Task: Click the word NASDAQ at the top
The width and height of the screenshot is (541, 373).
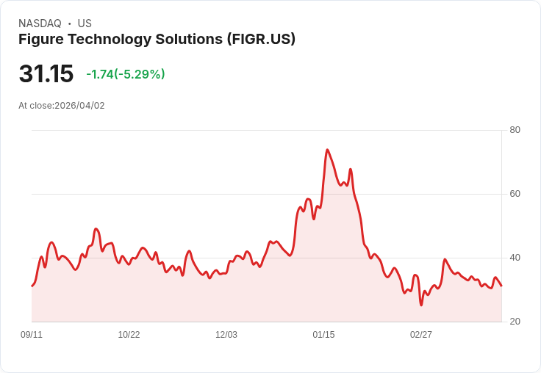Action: [40, 23]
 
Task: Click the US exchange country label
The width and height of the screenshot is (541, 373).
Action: [85, 23]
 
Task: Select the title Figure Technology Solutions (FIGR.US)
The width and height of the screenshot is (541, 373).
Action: [157, 39]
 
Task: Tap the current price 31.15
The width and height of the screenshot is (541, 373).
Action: [46, 73]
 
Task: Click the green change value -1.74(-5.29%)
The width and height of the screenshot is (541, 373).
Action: [125, 74]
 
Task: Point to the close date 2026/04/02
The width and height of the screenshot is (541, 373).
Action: [79, 106]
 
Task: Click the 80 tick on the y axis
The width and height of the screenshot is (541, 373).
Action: [515, 130]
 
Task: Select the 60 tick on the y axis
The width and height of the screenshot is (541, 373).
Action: [515, 194]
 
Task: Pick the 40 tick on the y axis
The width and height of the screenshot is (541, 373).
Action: [515, 258]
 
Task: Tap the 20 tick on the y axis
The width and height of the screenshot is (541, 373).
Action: [515, 322]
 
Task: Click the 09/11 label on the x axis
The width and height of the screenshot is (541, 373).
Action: [32, 335]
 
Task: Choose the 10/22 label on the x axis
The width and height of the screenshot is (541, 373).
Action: [129, 335]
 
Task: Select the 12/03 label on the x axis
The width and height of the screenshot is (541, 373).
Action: [226, 335]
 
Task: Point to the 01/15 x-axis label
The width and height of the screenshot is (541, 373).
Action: [323, 335]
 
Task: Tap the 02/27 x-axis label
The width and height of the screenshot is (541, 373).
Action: [421, 335]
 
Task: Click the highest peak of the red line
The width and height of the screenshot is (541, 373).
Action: [327, 150]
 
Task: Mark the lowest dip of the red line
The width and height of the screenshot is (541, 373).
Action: [421, 305]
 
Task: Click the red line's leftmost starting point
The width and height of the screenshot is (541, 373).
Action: [32, 286]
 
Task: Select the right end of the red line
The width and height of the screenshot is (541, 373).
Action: [501, 286]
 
